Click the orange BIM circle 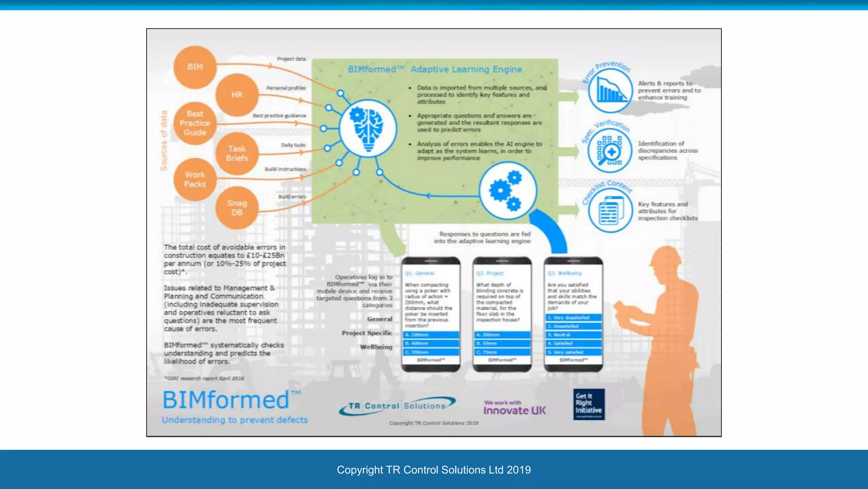pos(195,67)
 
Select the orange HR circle pos(237,95)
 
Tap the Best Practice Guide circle pos(195,123)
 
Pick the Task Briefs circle pos(237,153)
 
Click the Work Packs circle pos(195,180)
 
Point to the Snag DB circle pos(237,208)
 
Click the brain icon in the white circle pos(368,129)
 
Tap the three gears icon pos(507,191)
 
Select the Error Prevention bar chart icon pos(610,90)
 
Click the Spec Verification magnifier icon pos(610,151)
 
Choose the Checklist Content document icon pos(610,211)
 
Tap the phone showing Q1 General pos(431,314)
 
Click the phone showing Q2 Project pos(502,314)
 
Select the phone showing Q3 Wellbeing pos(573,314)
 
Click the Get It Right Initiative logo pos(589,404)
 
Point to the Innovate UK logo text pos(515,410)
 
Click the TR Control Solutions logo pos(397,406)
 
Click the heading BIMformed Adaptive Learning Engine pos(435,69)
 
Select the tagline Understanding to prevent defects pos(235,420)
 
